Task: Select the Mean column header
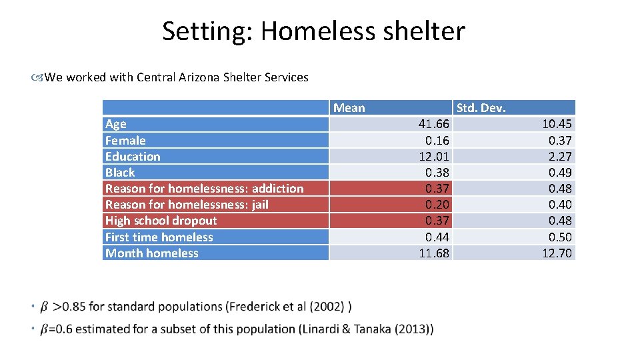[x=349, y=108]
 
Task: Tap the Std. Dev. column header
[x=481, y=108]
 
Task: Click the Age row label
[x=115, y=124]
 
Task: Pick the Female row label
[x=125, y=140]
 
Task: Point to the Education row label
[x=133, y=157]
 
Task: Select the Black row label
[x=120, y=173]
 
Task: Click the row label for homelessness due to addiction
[x=204, y=189]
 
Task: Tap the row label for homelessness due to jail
[x=187, y=205]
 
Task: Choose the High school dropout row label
[x=161, y=221]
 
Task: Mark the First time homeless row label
[x=159, y=237]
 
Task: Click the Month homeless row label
[x=151, y=253]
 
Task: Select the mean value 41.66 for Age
[x=433, y=124]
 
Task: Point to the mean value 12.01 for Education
[x=433, y=157]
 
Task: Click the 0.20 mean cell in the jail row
[x=437, y=205]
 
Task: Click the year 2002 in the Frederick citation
[x=327, y=307]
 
